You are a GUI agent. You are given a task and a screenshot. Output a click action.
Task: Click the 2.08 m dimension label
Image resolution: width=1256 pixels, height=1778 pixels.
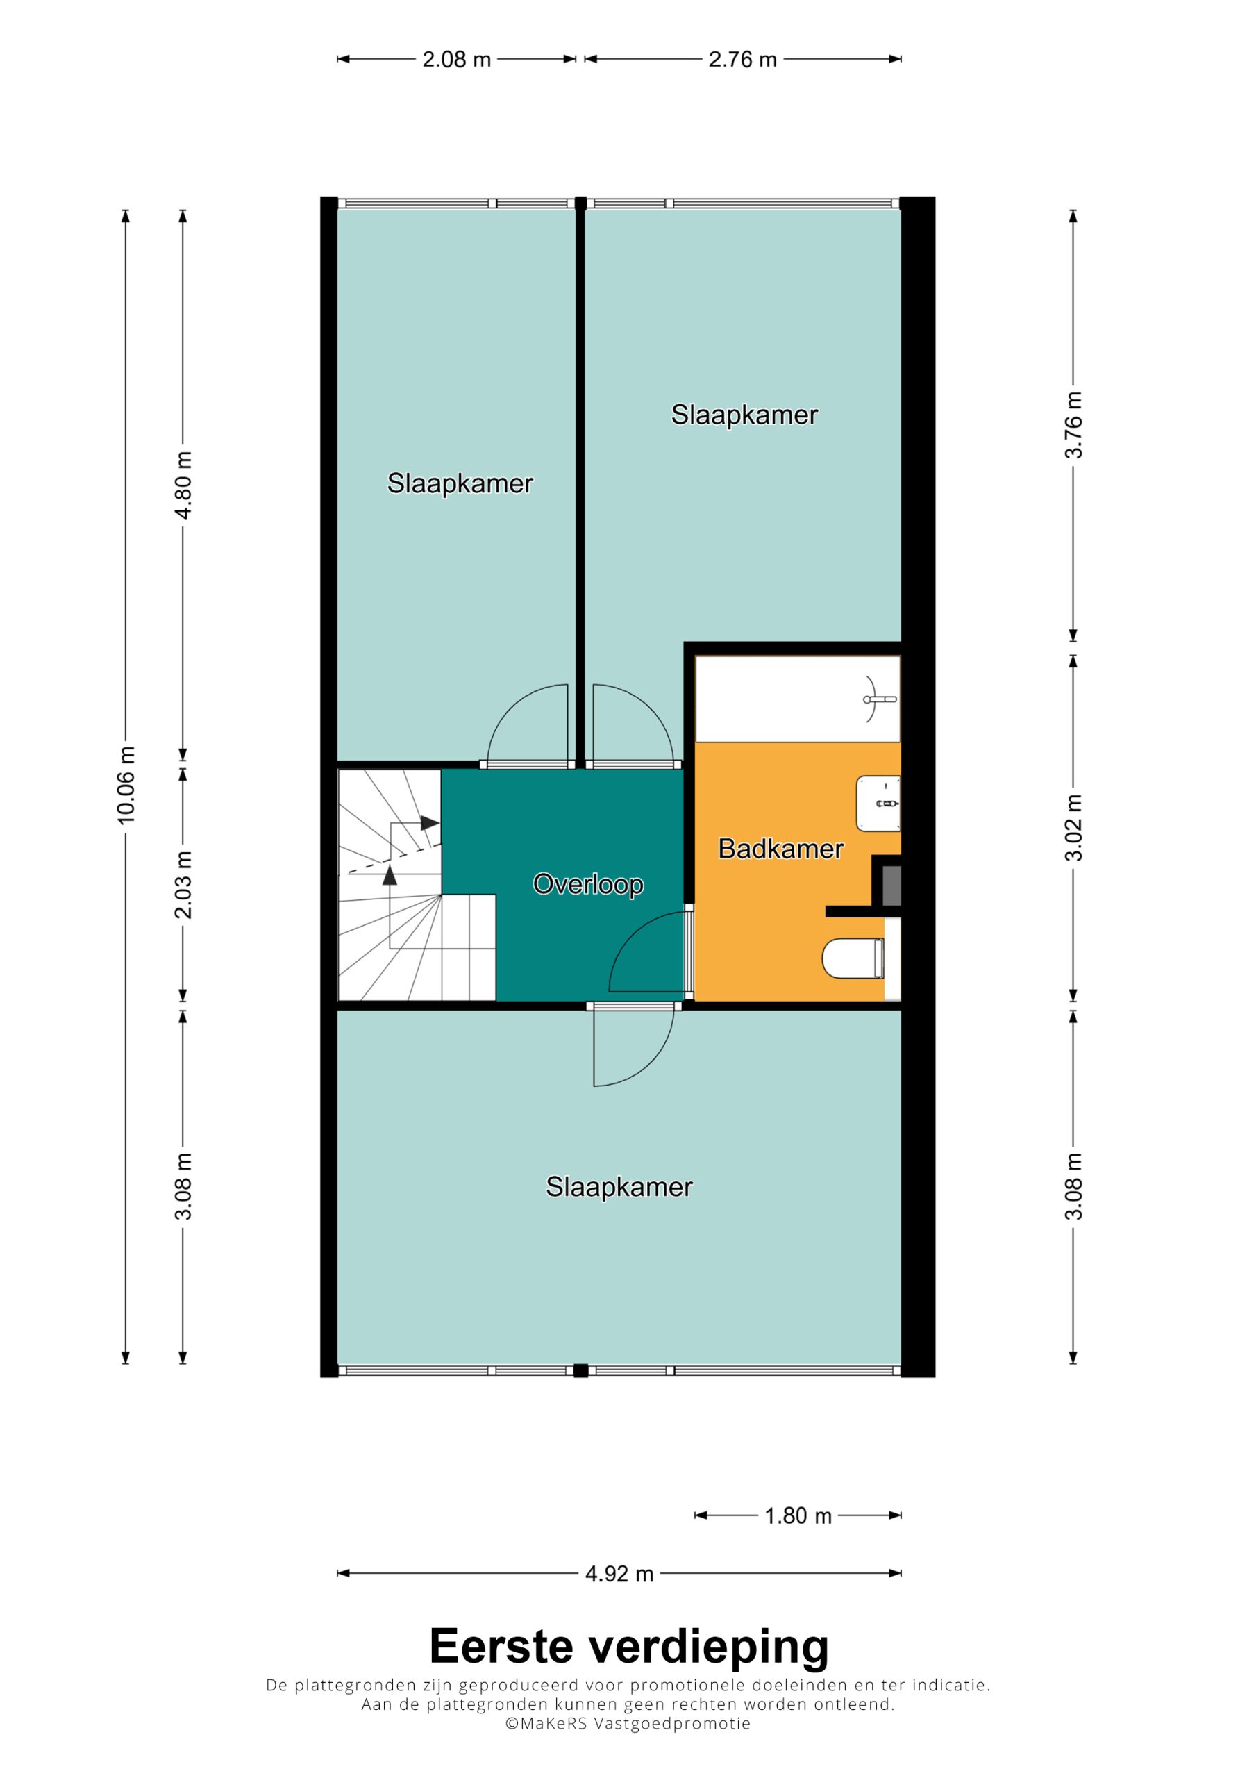tap(456, 60)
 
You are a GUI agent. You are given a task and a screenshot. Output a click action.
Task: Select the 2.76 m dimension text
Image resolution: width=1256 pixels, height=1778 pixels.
tap(743, 60)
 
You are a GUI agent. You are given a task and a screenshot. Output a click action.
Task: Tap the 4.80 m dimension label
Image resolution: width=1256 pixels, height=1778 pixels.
tap(183, 485)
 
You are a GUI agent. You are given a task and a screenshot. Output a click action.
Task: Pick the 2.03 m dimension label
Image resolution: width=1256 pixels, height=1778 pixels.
tap(183, 885)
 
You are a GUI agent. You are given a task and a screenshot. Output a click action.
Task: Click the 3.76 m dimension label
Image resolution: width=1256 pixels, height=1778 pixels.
tap(1073, 425)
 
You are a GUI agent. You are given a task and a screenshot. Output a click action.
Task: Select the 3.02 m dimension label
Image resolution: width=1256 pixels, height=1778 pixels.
tap(1073, 828)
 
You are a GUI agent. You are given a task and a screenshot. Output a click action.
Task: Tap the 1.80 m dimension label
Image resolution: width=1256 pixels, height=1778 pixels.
tap(798, 1515)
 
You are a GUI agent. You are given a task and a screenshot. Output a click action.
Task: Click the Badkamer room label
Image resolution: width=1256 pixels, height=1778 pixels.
tap(780, 849)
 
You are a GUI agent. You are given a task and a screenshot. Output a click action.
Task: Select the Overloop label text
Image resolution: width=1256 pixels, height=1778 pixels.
tap(589, 884)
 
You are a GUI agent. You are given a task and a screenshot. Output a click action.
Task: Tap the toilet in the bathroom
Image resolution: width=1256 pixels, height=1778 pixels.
tap(853, 958)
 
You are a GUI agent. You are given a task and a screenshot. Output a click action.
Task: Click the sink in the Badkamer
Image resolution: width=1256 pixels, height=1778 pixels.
tap(878, 804)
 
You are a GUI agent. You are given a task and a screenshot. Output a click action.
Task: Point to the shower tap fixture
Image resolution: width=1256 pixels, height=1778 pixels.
tap(878, 699)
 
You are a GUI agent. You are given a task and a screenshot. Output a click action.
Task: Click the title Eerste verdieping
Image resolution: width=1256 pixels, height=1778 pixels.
tap(629, 1648)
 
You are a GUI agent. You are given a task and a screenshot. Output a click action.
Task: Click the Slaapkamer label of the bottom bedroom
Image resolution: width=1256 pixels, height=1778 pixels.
tap(619, 1187)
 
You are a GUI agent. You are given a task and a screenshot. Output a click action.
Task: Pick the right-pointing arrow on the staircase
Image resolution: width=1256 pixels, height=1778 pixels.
tap(429, 823)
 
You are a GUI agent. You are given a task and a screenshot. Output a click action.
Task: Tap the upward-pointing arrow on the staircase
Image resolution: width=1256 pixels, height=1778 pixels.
tap(390, 875)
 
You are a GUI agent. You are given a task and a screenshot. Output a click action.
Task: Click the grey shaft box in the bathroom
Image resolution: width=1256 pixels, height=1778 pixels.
tap(891, 886)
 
